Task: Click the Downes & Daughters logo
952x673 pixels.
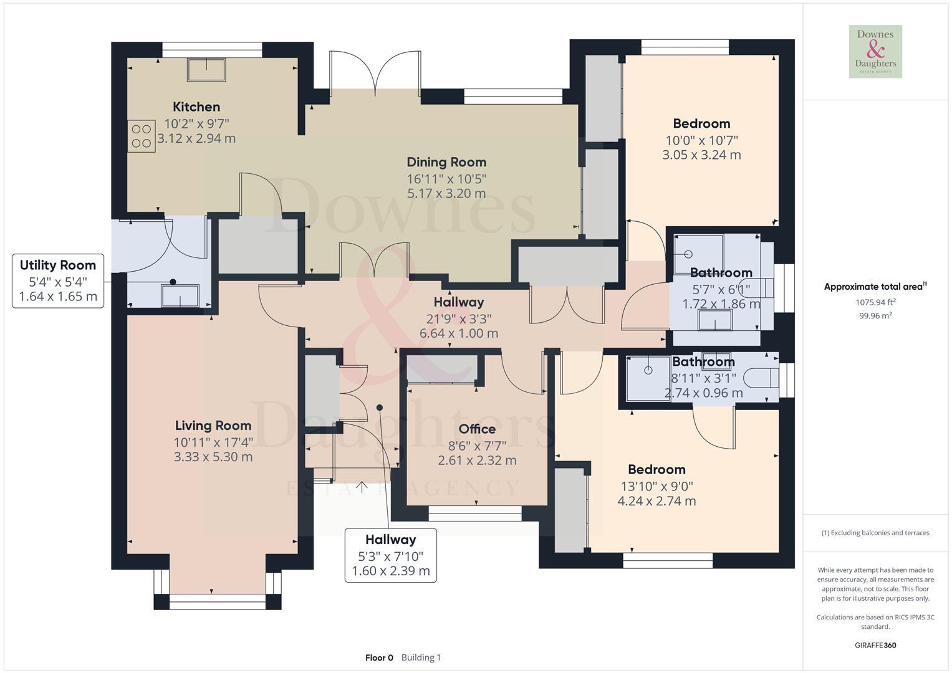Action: pyautogui.click(x=875, y=52)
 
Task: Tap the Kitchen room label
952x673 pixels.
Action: pyautogui.click(x=196, y=107)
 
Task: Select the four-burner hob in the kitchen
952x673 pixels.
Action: pyautogui.click(x=142, y=136)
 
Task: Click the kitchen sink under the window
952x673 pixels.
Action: pyautogui.click(x=206, y=70)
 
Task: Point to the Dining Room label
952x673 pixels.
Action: pyautogui.click(x=446, y=162)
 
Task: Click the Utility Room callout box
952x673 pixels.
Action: pyautogui.click(x=58, y=280)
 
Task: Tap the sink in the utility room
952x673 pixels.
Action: pyautogui.click(x=180, y=295)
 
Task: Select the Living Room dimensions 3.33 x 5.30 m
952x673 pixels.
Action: pyautogui.click(x=213, y=457)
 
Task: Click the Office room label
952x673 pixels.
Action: pyautogui.click(x=477, y=429)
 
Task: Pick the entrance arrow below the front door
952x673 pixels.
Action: pyautogui.click(x=361, y=487)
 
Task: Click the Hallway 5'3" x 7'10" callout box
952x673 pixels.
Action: pyautogui.click(x=391, y=555)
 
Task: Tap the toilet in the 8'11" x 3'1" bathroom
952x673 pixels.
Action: pyautogui.click(x=765, y=378)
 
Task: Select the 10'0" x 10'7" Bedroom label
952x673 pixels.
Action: pyautogui.click(x=701, y=123)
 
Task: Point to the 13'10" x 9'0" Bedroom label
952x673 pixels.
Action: pyautogui.click(x=656, y=469)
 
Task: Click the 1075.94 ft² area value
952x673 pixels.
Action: pyautogui.click(x=875, y=302)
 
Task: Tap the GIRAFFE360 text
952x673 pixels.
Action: pyautogui.click(x=875, y=645)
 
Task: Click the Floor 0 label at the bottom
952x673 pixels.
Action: pyautogui.click(x=379, y=657)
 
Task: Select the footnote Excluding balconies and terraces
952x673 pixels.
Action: pyautogui.click(x=875, y=533)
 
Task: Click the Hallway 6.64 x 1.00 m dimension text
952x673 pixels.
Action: pyautogui.click(x=459, y=333)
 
